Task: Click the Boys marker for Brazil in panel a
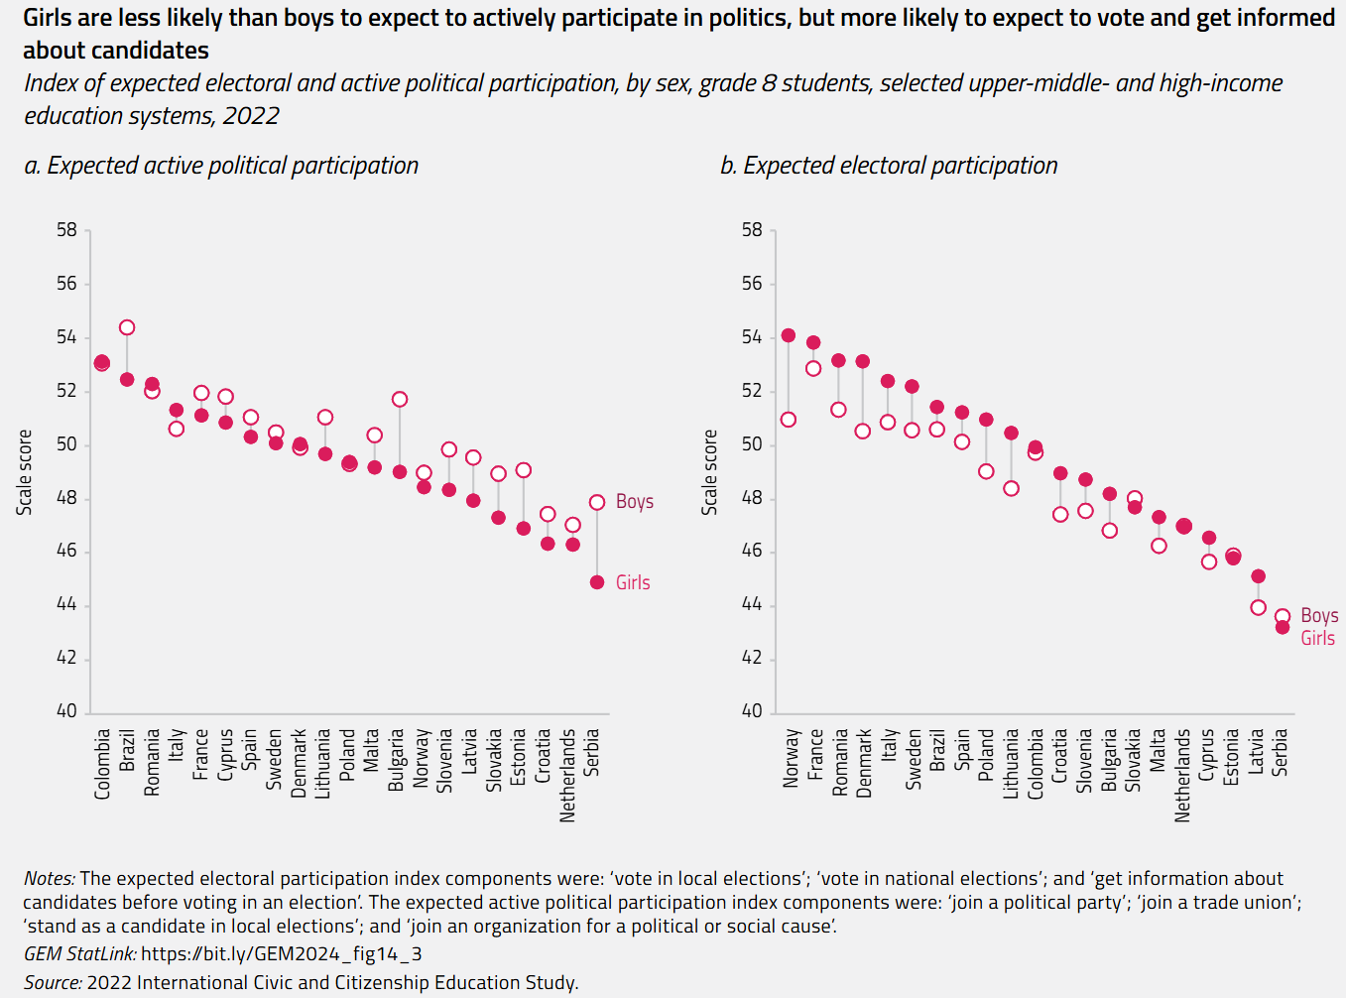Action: point(127,327)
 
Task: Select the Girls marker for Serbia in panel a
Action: point(597,582)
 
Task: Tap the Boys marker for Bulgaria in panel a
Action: point(400,399)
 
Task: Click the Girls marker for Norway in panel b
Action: point(789,335)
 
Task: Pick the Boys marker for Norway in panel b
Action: point(789,420)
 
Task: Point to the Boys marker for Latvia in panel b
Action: point(1258,607)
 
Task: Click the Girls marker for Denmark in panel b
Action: point(863,361)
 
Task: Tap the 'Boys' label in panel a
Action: point(634,501)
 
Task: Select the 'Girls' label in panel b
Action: point(1317,638)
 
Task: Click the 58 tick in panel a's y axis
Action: point(66,230)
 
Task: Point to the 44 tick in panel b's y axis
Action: point(752,604)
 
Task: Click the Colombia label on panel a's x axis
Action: point(102,764)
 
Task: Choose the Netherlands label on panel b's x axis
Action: point(1182,775)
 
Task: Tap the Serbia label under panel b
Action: point(1281,752)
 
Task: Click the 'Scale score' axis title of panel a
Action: point(25,472)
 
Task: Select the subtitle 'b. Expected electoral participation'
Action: point(889,166)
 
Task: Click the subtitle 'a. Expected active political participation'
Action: point(221,166)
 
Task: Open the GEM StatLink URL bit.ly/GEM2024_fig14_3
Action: point(281,953)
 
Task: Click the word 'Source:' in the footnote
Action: point(53,982)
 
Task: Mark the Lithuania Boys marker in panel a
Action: point(325,417)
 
